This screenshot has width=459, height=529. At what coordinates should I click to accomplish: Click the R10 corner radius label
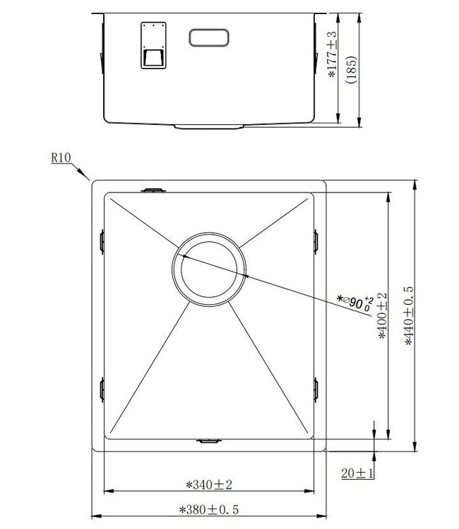click(61, 158)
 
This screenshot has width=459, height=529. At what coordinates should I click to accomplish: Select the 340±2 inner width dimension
click(209, 485)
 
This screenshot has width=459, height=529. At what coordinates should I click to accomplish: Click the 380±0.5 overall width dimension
click(209, 509)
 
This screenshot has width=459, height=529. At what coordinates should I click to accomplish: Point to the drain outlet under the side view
click(209, 127)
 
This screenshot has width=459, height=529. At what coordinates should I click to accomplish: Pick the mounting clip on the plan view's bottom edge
click(208, 441)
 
